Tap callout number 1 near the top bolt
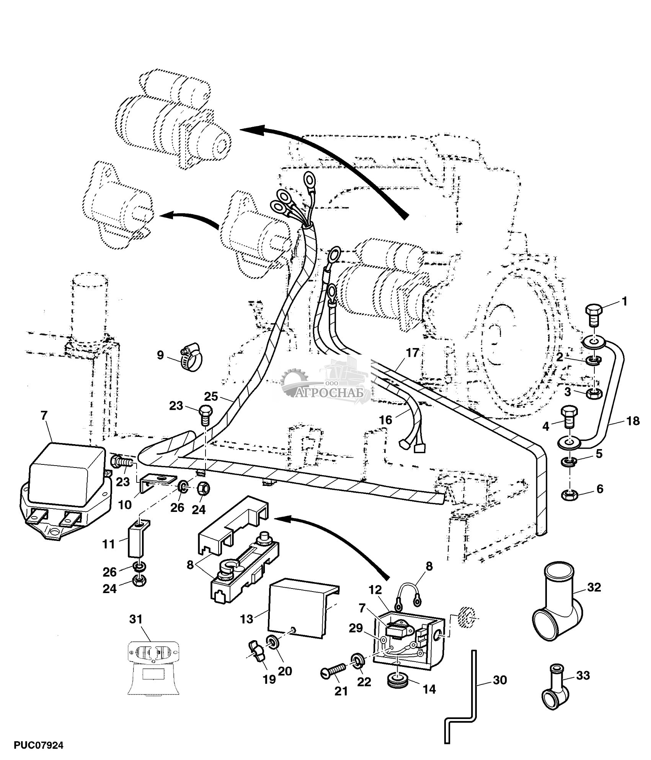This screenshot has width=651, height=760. coord(624,301)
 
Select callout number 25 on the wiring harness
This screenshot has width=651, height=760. coord(210,396)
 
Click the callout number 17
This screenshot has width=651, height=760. coord(413,353)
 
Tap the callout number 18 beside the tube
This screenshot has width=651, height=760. coord(633,421)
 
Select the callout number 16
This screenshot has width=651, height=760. coord(385,420)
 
